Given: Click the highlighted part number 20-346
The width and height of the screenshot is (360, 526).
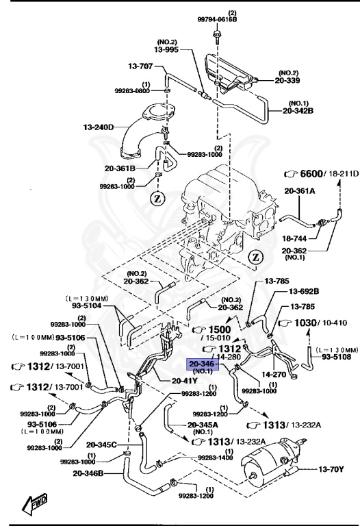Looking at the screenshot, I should (203, 365).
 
